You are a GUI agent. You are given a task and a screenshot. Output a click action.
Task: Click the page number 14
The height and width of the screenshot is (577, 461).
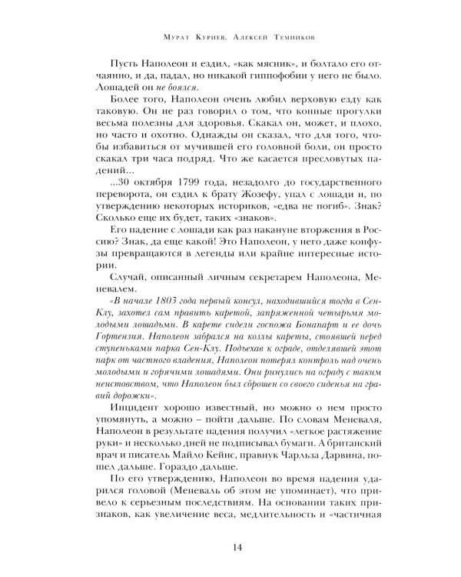point(230,547)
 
